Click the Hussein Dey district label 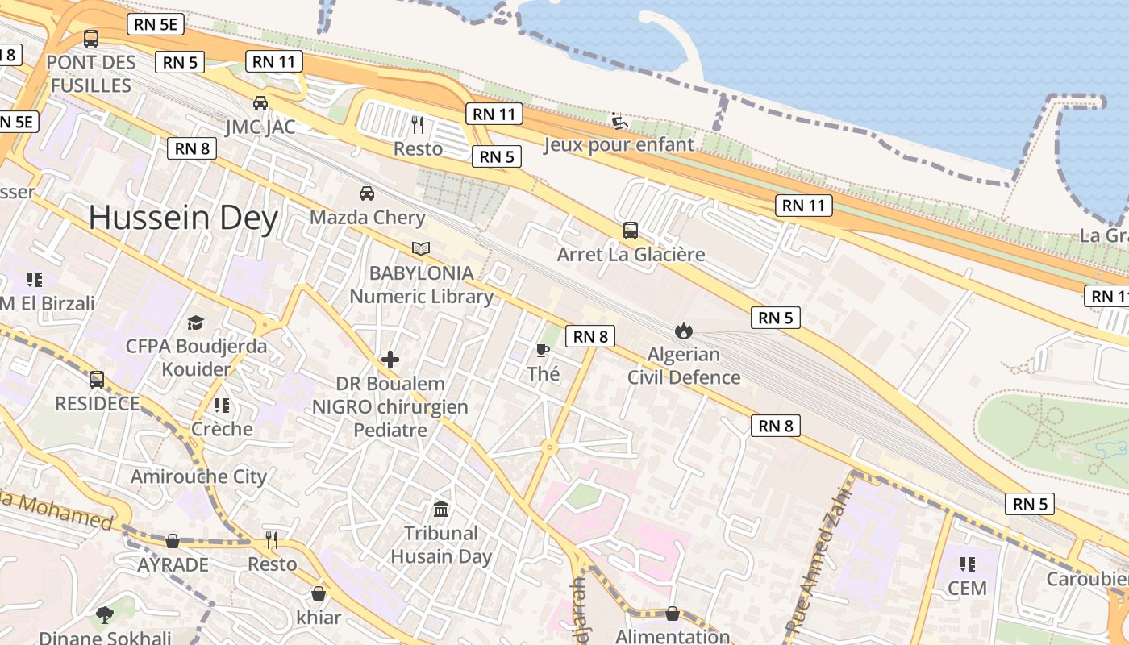click(x=183, y=218)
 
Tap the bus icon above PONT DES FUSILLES click(x=91, y=38)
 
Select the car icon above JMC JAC click(x=260, y=102)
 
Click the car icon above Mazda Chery click(x=367, y=193)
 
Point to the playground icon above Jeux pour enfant click(x=619, y=121)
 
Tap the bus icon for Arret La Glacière click(x=631, y=230)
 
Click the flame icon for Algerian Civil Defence click(x=683, y=330)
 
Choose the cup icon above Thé click(x=543, y=349)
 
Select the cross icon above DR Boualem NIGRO click(x=390, y=360)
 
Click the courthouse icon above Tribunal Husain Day click(x=441, y=509)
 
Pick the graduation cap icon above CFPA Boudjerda click(x=195, y=322)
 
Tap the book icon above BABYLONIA click(x=420, y=248)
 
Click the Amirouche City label click(x=198, y=476)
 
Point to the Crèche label click(x=222, y=429)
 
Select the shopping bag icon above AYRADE click(x=173, y=540)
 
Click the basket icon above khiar click(x=319, y=593)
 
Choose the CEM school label click(x=967, y=588)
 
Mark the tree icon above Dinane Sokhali click(x=104, y=614)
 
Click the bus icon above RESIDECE click(x=97, y=379)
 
